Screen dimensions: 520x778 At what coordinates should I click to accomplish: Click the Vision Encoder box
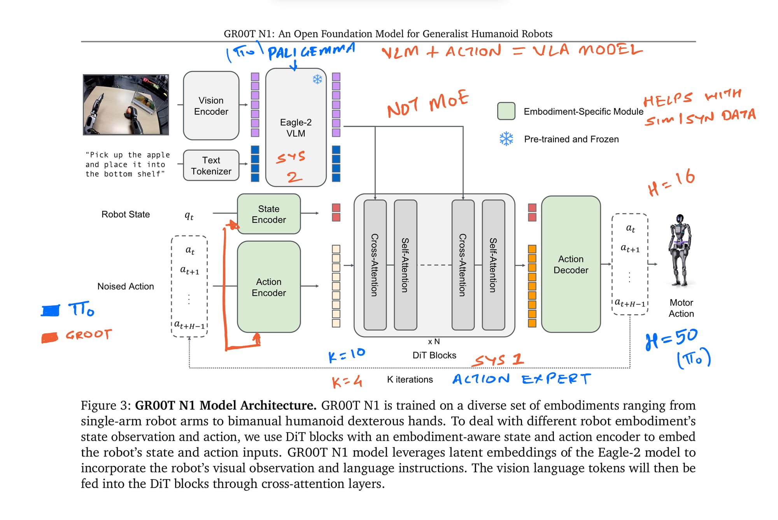pyautogui.click(x=211, y=106)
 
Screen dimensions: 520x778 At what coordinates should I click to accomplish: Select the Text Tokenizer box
pyautogui.click(x=211, y=166)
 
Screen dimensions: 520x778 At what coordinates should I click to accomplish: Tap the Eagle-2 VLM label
pyautogui.click(x=296, y=128)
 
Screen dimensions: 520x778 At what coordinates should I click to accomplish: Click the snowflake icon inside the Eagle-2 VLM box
pyautogui.click(x=317, y=79)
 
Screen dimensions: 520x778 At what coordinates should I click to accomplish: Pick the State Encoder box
pyautogui.click(x=268, y=214)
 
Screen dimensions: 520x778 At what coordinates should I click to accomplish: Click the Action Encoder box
pyautogui.click(x=268, y=287)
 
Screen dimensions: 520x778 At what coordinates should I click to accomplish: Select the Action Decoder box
pyautogui.click(x=571, y=264)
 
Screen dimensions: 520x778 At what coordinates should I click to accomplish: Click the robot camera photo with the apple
pyautogui.click(x=126, y=105)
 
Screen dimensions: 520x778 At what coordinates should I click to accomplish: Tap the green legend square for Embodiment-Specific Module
pyautogui.click(x=506, y=111)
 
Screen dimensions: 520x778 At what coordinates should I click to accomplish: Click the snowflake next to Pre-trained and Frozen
pyautogui.click(x=506, y=139)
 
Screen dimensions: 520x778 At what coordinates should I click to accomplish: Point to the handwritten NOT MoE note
pyautogui.click(x=428, y=103)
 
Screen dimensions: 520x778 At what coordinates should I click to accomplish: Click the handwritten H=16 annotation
pyautogui.click(x=671, y=182)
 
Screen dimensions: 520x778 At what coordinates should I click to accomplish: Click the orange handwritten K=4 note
pyautogui.click(x=347, y=382)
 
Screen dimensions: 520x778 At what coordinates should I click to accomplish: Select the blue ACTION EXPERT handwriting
pyautogui.click(x=521, y=379)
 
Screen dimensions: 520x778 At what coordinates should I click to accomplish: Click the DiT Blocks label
pyautogui.click(x=434, y=355)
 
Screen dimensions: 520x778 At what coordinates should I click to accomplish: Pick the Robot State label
pyautogui.click(x=125, y=214)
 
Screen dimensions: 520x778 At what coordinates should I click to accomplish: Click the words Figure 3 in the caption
pyautogui.click(x=105, y=406)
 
